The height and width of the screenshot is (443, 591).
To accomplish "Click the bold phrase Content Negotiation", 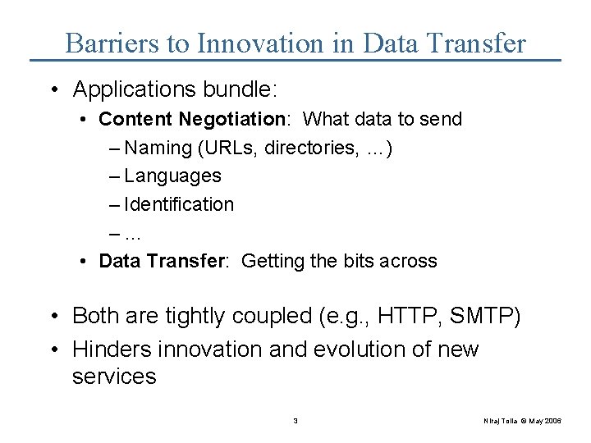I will (191, 119).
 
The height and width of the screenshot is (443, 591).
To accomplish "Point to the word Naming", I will (158, 148).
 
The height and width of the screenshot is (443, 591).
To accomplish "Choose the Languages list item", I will (172, 176).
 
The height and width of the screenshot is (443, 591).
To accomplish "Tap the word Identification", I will (179, 204).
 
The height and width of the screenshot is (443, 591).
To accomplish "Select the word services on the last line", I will (114, 377).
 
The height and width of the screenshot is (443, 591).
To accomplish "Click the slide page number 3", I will (295, 421).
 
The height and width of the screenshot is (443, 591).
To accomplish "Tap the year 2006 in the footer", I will (552, 421).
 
